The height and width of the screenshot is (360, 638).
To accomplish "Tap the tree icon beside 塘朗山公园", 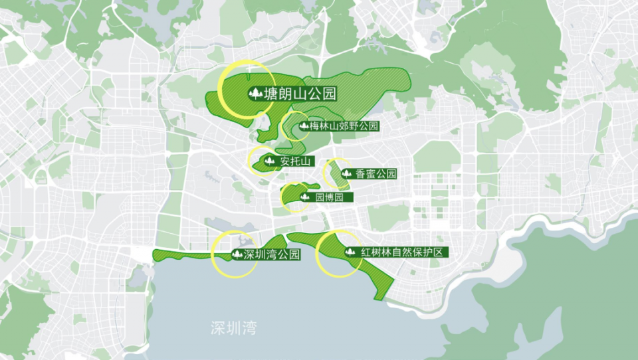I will click(253, 94).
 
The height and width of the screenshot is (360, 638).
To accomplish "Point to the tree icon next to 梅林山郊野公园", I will click(304, 126).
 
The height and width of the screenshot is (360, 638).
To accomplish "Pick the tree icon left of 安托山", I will click(269, 161).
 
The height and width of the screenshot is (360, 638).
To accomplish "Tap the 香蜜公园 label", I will click(375, 174).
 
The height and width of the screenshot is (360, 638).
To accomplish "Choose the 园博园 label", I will click(329, 197).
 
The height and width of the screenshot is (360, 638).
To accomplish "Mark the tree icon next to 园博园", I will click(306, 197).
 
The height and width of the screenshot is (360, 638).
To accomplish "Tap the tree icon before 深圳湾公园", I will click(236, 254).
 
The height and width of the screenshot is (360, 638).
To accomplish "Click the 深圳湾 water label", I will click(233, 327).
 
